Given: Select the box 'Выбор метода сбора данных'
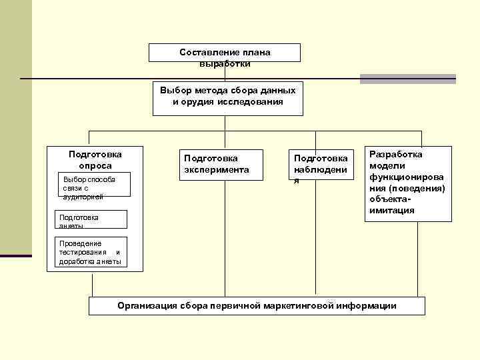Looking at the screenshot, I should click(x=227, y=97).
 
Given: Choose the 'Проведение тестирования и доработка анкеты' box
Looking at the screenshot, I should click(x=89, y=253).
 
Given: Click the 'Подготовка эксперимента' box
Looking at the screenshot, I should click(x=216, y=164).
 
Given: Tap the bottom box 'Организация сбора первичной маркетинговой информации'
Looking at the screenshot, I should click(x=257, y=305).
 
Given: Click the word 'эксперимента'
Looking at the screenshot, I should click(x=216, y=170).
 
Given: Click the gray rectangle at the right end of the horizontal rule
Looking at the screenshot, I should click(x=407, y=79).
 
